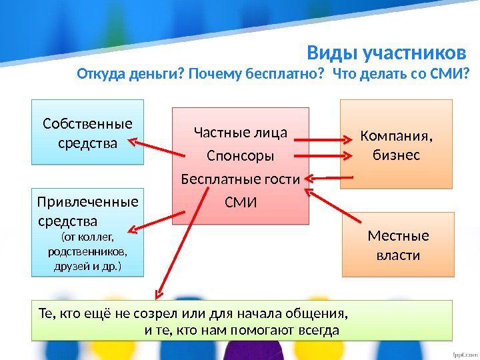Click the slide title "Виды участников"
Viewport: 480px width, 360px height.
(x=385, y=53)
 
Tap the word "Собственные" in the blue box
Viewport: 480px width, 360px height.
(x=87, y=124)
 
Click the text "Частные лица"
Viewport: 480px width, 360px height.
(x=240, y=133)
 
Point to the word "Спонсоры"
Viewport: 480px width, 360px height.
(x=240, y=157)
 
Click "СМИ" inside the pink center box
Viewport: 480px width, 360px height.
(x=240, y=201)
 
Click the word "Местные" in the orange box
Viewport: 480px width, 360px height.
(x=398, y=236)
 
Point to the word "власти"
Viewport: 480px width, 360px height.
(x=398, y=255)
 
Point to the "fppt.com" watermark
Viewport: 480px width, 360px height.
(x=462, y=351)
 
